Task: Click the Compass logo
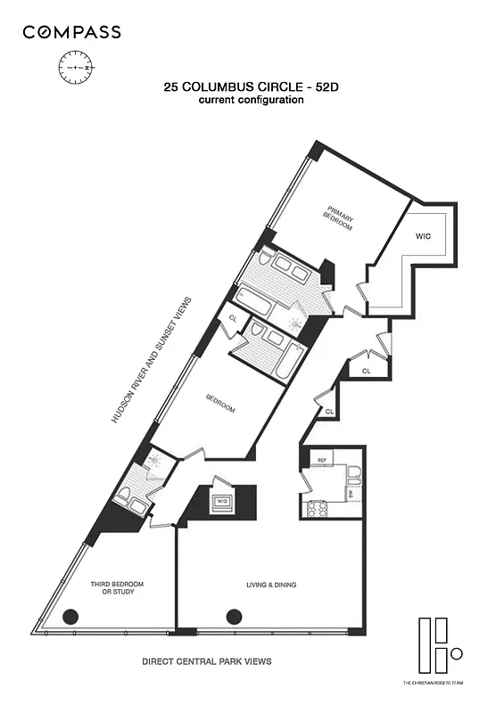point(71,33)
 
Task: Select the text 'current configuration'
point(251,100)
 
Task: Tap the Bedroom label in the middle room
point(220,404)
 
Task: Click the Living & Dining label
point(271,586)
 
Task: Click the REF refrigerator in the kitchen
point(318,461)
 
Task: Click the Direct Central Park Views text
point(207,662)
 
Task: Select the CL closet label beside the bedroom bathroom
point(233,317)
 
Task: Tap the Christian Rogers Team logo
point(437,651)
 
